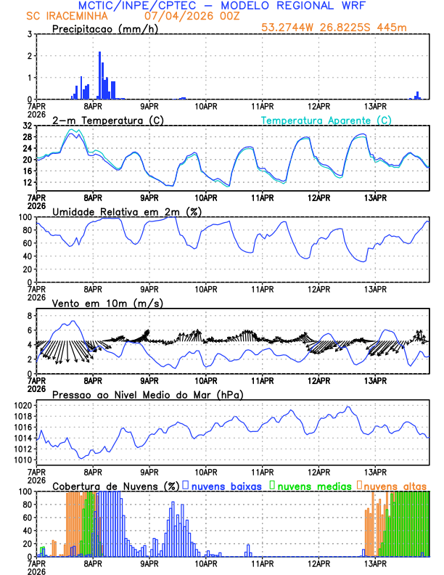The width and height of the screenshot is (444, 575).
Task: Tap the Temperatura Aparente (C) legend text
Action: click(x=326, y=120)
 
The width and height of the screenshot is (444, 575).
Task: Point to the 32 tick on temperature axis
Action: click(x=27, y=126)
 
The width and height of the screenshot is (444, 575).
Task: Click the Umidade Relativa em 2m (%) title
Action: click(x=127, y=211)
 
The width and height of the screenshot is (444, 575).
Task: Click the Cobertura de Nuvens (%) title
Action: click(x=115, y=486)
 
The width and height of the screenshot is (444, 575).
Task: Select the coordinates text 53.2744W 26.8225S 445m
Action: click(x=334, y=28)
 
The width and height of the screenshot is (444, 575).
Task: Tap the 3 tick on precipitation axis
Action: click(x=29, y=34)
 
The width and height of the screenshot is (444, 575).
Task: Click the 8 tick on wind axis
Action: click(x=29, y=316)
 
